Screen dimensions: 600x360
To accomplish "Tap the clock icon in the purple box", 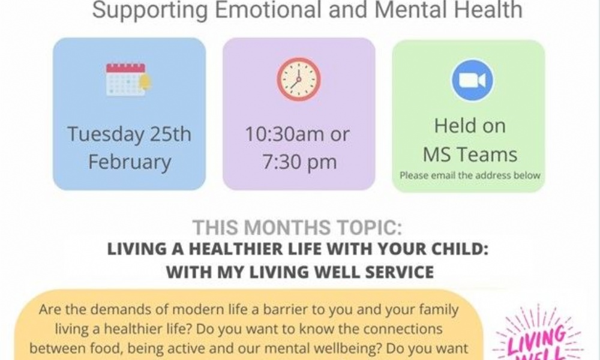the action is (x=298, y=79).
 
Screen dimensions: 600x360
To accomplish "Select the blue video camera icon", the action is (x=472, y=80).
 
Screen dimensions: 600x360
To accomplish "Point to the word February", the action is (x=130, y=162).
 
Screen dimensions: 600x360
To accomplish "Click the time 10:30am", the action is (x=283, y=134).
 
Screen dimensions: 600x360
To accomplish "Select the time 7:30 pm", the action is (x=299, y=162).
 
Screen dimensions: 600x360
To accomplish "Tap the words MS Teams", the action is (x=470, y=155).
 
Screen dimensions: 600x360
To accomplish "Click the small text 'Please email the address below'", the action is (x=470, y=175).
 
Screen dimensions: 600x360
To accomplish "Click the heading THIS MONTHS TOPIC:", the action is (x=298, y=227).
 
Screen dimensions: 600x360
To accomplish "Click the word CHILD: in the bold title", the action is (x=460, y=249).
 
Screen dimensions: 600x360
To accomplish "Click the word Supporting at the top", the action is (x=150, y=11).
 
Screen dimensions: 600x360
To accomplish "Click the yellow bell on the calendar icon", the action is (x=146, y=82).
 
